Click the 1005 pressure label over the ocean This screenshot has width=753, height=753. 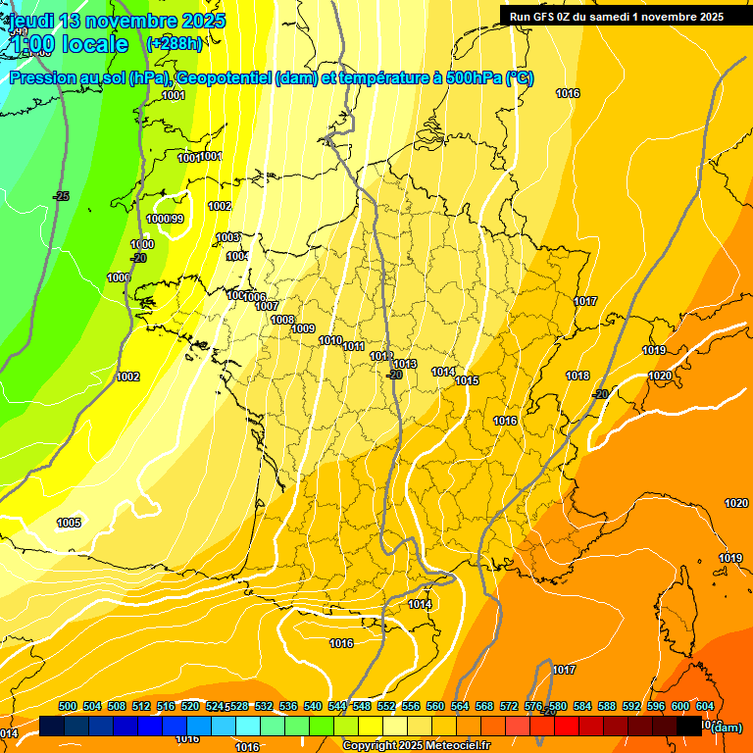tap(69, 523)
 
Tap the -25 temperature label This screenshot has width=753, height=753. tap(62, 197)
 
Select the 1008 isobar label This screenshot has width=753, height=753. tap(282, 320)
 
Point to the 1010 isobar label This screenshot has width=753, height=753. tap(331, 340)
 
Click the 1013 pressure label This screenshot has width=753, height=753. tap(405, 364)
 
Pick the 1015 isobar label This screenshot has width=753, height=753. tap(467, 380)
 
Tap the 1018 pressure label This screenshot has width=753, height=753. tap(577, 376)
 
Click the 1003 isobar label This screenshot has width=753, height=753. tap(227, 237)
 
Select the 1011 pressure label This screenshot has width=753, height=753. tap(354, 346)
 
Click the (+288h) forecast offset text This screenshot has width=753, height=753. tap(174, 44)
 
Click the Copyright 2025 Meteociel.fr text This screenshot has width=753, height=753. tap(416, 745)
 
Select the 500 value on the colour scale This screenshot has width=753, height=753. tap(68, 706)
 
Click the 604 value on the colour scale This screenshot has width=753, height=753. tap(705, 706)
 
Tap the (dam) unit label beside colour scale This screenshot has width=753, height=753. tap(726, 728)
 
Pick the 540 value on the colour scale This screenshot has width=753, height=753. tap(313, 706)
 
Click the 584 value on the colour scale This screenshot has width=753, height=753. tap(582, 706)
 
